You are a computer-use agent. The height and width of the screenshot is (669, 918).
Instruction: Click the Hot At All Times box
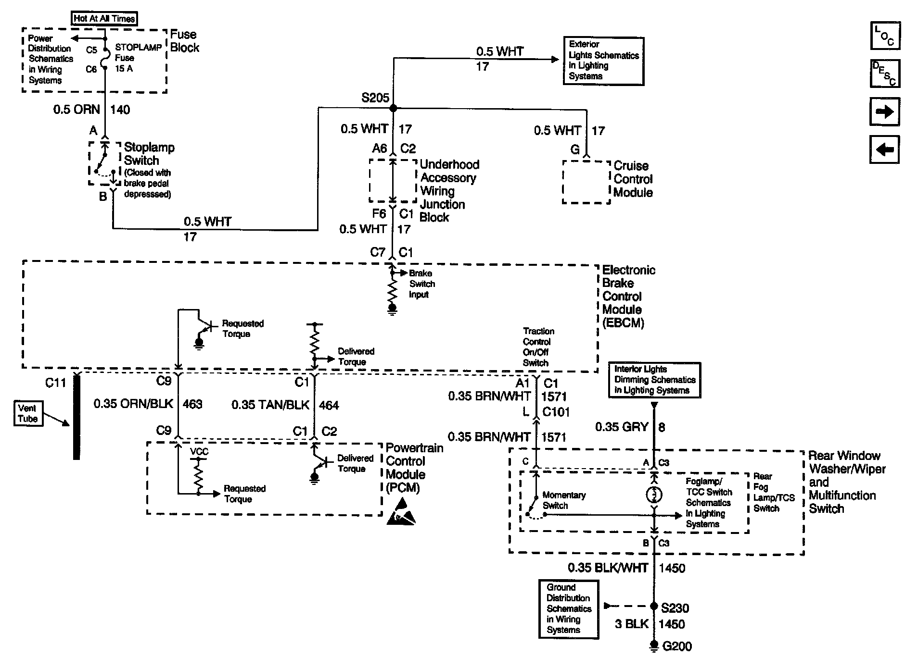click(104, 19)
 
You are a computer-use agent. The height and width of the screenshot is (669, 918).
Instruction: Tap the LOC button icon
click(885, 36)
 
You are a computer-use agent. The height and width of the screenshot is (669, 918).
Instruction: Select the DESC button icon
click(885, 74)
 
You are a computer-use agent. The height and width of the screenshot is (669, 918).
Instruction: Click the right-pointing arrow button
click(885, 111)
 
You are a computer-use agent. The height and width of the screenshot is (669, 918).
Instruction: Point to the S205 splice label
click(375, 98)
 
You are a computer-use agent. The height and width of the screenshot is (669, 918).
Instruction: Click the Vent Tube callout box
click(28, 414)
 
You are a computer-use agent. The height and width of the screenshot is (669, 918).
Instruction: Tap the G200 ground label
click(677, 646)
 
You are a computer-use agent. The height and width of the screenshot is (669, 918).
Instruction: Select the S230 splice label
click(675, 608)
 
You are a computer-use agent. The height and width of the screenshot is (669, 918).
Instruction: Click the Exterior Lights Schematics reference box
click(603, 61)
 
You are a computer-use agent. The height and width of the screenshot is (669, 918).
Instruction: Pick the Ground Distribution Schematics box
click(569, 609)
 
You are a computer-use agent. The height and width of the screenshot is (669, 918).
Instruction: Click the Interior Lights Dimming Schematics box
click(654, 380)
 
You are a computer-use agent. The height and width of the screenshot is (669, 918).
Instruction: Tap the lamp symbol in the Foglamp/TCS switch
click(654, 494)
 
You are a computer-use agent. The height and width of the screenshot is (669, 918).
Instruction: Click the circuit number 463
click(192, 405)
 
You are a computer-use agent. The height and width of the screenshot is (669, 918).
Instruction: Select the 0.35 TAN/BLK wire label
click(270, 405)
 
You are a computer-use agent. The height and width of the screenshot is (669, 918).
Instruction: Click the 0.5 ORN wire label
click(76, 110)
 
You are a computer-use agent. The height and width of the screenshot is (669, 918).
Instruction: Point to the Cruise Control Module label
click(633, 179)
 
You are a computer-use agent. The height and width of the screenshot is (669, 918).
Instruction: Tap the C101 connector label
click(556, 412)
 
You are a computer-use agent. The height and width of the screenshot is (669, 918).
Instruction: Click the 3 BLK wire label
click(632, 624)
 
